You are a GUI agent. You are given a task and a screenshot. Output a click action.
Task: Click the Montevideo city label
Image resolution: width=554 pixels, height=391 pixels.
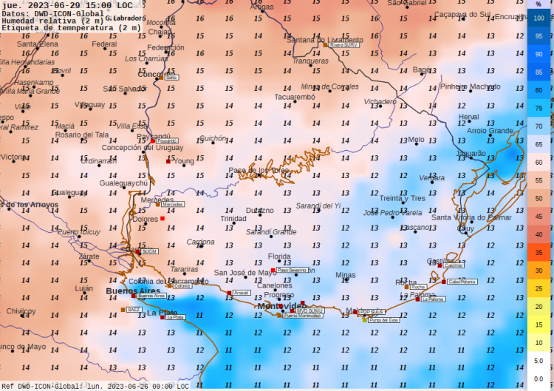[280, 306]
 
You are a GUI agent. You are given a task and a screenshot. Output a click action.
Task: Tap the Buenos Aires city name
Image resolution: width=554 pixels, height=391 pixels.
[133, 291]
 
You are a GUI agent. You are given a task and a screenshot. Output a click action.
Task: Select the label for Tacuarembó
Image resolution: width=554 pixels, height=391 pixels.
[295, 97]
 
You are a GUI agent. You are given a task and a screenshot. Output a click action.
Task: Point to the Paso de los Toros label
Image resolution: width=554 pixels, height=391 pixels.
[259, 171]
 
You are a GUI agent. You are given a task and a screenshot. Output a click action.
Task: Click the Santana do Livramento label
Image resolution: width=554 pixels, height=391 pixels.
[325, 40]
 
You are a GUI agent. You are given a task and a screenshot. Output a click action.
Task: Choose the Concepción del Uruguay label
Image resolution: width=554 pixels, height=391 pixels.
[143, 148]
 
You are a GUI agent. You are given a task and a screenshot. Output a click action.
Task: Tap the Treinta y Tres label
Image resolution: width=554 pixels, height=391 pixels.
[403, 198]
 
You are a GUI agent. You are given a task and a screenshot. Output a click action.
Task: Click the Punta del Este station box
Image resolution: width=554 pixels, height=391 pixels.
[383, 320]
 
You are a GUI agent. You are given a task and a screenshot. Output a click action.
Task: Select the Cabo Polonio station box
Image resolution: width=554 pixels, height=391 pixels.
[462, 282]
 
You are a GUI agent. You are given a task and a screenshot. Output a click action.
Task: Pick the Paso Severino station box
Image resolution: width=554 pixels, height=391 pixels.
[292, 271]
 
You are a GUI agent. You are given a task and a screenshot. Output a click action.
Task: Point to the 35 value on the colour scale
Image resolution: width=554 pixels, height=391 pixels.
[539, 252]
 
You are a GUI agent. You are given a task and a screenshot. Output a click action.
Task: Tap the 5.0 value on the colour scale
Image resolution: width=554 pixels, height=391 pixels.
[539, 361]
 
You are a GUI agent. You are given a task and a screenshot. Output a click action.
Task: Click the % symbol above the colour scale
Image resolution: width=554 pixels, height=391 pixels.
[539, 4]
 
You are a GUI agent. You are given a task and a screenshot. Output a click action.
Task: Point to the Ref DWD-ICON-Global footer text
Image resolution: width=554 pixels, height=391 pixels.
[44, 386]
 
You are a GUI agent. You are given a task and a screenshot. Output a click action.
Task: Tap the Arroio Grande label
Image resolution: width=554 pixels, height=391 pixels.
[490, 131]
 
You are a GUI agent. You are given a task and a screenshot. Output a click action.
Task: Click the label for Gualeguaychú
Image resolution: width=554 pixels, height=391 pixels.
[124, 183]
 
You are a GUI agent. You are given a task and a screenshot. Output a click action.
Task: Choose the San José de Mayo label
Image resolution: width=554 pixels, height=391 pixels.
[247, 273]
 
